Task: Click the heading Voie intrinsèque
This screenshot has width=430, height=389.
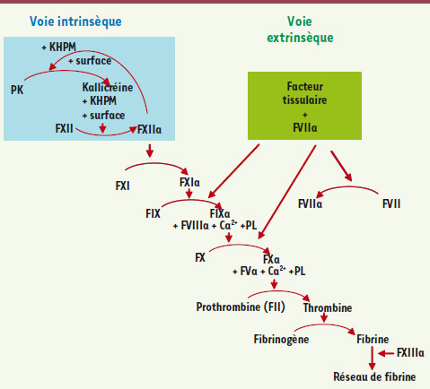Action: click(x=75, y=22)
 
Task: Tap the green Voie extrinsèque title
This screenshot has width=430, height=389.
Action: click(x=300, y=30)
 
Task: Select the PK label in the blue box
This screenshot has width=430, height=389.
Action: click(x=17, y=90)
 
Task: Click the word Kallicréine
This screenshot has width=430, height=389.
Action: click(x=108, y=87)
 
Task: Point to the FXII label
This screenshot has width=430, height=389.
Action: click(x=64, y=128)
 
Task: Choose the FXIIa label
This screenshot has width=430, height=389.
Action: click(x=149, y=129)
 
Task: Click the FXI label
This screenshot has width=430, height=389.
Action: click(x=122, y=186)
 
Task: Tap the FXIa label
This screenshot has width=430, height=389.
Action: click(x=189, y=182)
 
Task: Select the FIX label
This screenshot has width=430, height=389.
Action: click(x=153, y=213)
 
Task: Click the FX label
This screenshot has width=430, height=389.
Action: click(x=200, y=257)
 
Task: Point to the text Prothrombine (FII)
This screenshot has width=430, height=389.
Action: click(x=241, y=307)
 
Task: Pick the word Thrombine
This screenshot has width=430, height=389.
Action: click(x=328, y=307)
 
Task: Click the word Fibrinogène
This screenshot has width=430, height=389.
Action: click(x=281, y=340)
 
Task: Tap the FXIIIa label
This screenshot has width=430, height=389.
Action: click(x=410, y=352)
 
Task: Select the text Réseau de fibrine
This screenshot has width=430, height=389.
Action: click(x=374, y=376)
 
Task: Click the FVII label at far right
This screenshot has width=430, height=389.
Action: click(x=391, y=203)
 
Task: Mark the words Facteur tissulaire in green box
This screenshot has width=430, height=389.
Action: click(x=304, y=93)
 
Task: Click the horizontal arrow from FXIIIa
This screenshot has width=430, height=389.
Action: click(x=386, y=354)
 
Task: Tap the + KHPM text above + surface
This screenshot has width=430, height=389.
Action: click(x=59, y=47)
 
